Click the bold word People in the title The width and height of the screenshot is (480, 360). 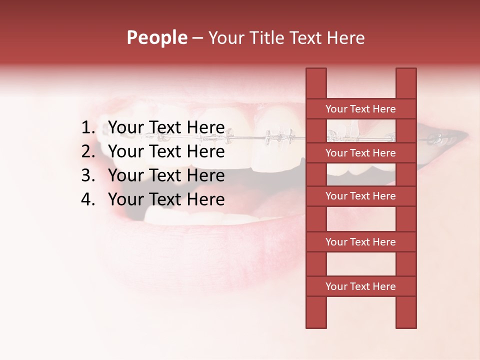tap(156, 37)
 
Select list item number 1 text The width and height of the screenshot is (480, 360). tap(166, 127)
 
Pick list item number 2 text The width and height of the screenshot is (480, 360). tap(166, 151)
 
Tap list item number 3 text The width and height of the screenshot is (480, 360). tap(166, 175)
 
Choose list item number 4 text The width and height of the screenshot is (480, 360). tap(166, 199)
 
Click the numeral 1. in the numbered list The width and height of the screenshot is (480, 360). tap(88, 127)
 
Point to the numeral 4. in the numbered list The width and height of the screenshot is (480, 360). tap(88, 199)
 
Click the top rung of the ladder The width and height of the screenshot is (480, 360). tap(360, 109)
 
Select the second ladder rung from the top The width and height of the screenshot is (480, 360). tap(360, 153)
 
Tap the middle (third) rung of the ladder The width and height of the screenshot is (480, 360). tap(360, 196)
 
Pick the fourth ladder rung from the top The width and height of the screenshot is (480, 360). tap(360, 242)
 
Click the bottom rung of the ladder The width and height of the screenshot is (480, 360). tap(360, 286)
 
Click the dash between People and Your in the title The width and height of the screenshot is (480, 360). tap(197, 38)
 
